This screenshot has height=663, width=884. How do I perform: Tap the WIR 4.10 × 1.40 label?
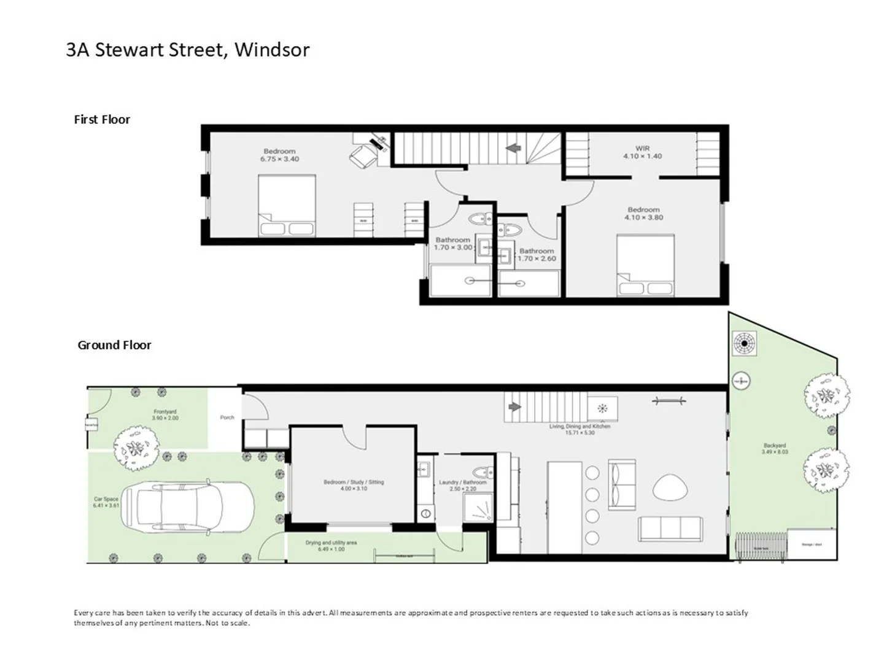click(642, 152)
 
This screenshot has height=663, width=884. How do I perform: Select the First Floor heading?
click(102, 120)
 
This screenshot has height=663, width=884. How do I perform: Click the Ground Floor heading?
click(114, 345)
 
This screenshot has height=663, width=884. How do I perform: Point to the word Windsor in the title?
click(272, 50)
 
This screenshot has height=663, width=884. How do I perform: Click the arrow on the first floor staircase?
click(513, 148)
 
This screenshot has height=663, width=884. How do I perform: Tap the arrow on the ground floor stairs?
click(514, 407)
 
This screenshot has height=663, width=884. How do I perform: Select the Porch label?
click(227, 417)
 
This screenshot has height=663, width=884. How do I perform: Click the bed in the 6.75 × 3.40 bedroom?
click(287, 206)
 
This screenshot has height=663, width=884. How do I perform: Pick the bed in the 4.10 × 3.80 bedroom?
click(645, 265)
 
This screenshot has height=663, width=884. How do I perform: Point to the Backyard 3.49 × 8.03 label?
click(775, 449)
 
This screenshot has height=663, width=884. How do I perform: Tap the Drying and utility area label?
click(331, 546)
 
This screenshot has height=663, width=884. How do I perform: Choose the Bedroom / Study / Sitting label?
click(354, 485)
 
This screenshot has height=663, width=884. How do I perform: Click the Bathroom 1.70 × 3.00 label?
click(453, 244)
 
